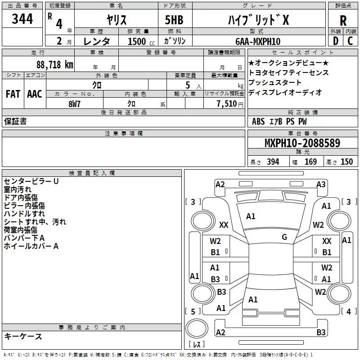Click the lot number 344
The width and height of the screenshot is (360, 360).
22,19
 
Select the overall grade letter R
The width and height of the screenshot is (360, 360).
343,21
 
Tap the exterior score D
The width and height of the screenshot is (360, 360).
335,41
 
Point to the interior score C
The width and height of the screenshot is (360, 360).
350,41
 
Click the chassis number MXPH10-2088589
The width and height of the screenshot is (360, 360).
302,144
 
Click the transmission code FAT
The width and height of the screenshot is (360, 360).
13,94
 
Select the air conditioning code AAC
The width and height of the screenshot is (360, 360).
35,94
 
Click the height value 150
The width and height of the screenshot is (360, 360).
346,162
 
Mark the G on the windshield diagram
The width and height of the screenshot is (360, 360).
284,237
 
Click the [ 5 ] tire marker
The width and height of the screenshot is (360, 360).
193,311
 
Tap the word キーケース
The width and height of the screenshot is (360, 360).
23,337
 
